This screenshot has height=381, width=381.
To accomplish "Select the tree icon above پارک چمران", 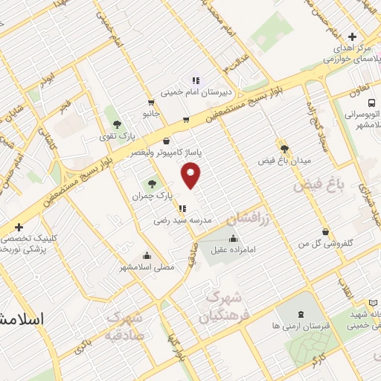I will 153,182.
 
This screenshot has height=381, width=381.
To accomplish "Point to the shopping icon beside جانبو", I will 152,103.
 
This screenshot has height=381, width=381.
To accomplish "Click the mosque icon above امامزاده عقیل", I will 234,239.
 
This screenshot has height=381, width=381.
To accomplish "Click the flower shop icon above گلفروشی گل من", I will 324,231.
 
